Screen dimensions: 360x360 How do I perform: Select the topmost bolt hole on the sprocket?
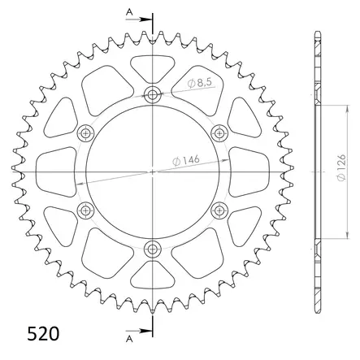153,96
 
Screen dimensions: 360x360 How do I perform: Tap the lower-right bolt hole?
218,211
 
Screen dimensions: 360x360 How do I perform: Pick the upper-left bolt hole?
85,133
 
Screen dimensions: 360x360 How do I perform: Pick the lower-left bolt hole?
85,211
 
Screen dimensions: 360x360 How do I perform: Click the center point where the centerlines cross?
153,172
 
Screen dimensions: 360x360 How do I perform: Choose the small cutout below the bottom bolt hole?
153,278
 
